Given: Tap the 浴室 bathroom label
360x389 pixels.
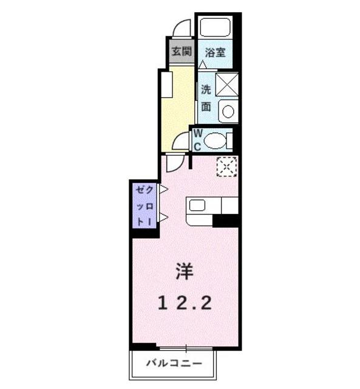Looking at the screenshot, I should (215, 52).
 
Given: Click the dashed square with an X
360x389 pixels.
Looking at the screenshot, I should (226, 166).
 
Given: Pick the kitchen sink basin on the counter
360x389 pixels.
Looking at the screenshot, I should (198, 205).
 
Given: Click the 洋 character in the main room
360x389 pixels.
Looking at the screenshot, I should (185, 271).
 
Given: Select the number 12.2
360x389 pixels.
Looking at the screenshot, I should (185, 302).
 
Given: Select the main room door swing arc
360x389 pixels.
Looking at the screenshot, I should (173, 162).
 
